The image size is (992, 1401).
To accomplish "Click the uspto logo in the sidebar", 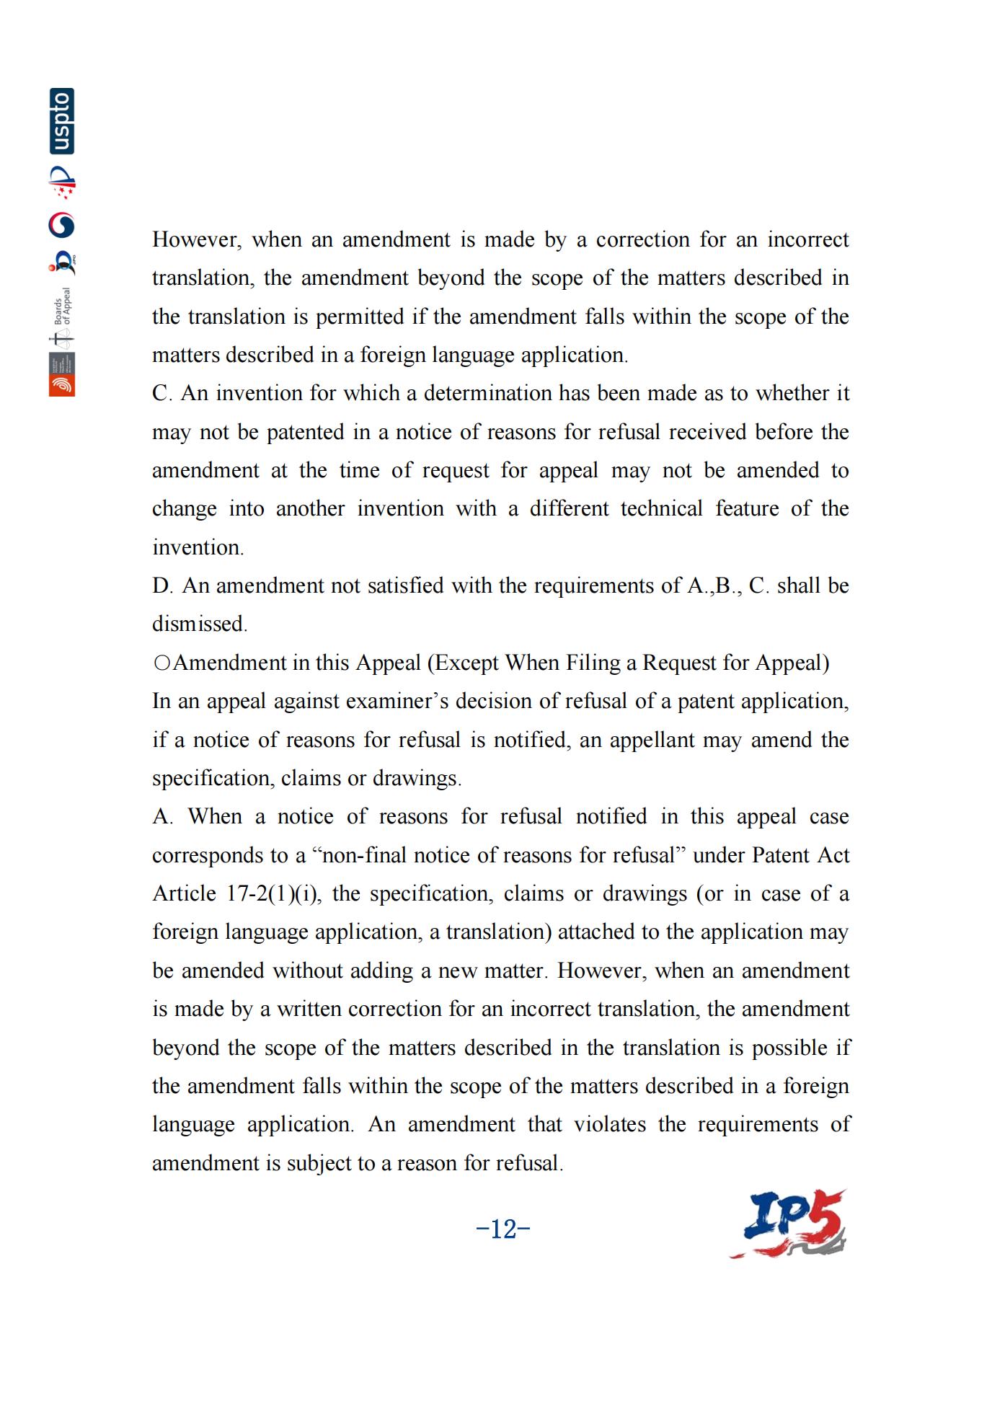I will [62, 121].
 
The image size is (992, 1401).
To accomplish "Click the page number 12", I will [503, 1229].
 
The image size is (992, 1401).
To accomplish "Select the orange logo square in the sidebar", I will [62, 386].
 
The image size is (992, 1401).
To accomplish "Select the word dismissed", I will [199, 624].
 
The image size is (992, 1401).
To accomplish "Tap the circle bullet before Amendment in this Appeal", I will [162, 663].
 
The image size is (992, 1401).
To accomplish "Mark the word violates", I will [610, 1124].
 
